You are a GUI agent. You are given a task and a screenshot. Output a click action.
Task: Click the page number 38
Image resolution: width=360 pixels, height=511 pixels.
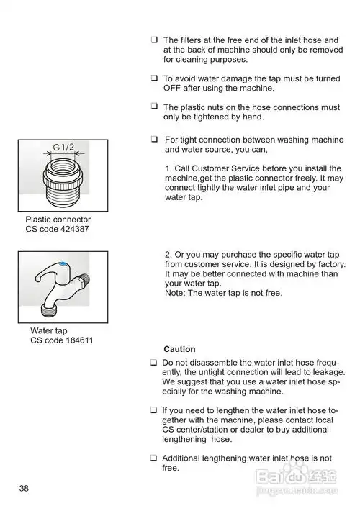point(24,488)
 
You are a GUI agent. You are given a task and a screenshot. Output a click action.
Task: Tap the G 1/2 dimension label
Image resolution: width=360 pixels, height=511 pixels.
point(63,148)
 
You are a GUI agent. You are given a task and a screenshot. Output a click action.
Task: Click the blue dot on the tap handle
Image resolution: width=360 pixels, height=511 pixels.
point(64,263)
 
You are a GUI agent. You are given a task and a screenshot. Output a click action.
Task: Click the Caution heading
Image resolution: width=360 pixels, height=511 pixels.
point(179,349)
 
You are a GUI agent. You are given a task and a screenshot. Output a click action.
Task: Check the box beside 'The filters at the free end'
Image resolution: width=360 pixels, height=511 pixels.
point(154,40)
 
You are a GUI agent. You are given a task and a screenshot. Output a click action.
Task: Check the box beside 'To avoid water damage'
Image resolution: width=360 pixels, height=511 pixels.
point(154,78)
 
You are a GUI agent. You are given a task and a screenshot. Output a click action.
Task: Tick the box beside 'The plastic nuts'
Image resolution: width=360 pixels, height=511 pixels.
point(154,106)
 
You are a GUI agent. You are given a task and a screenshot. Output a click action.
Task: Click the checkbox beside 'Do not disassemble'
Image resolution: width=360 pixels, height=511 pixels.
point(153,363)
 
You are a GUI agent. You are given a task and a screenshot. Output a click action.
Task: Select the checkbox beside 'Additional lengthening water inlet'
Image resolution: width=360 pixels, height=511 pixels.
point(153,458)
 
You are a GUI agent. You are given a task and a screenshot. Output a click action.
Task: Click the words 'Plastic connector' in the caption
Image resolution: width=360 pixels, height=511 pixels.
point(58,220)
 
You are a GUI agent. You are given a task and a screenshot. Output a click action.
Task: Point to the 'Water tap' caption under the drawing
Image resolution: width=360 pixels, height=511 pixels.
point(48,331)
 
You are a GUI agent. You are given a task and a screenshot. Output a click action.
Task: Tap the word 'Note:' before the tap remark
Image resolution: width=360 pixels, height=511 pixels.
point(175,293)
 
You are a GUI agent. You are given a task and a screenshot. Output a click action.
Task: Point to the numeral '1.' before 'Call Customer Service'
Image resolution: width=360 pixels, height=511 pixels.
point(168,168)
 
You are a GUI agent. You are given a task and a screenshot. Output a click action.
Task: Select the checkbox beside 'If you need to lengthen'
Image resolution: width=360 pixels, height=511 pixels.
point(153,410)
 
